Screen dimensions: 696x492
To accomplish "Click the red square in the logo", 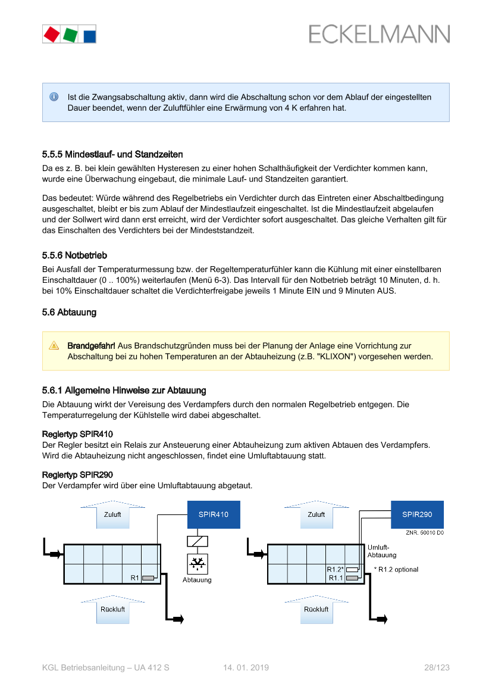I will pos(52,34).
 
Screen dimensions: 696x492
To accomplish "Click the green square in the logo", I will pos(70,35).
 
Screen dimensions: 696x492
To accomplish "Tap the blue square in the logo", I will pos(89,35).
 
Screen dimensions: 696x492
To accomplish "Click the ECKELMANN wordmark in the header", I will pos(379,35).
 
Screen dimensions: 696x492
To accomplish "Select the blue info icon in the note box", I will pos(54,96).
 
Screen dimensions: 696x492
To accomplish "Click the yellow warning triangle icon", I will pos(54,345).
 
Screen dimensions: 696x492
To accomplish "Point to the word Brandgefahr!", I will pos(91,345).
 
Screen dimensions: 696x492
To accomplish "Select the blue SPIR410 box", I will pos(214,514).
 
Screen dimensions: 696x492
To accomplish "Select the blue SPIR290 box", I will pos(417,514).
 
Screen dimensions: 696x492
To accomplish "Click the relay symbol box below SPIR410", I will pos(197,541).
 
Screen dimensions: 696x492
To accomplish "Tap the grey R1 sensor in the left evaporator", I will pos(148,578).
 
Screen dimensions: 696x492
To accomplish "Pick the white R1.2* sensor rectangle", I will pos(352,569).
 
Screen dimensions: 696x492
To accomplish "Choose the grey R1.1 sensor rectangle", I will pos(352,578).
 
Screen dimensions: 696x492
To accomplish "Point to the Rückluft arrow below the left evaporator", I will pos(112,608).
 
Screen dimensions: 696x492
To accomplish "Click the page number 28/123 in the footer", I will pos(437,668).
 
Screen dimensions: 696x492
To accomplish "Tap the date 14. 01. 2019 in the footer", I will pos(246,668).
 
